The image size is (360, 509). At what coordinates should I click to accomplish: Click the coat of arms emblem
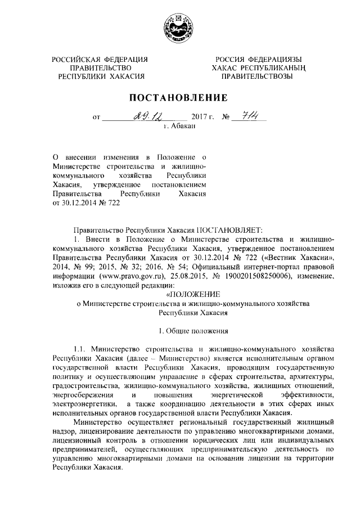tap(179, 27)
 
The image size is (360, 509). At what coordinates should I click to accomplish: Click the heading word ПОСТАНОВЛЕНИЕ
tap(179, 97)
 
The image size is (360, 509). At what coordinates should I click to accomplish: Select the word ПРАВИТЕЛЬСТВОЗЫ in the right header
tap(256, 76)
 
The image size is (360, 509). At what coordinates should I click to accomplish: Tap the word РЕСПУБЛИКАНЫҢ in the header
tap(277, 68)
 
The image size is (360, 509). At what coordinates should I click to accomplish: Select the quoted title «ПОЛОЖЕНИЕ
tap(193, 294)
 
